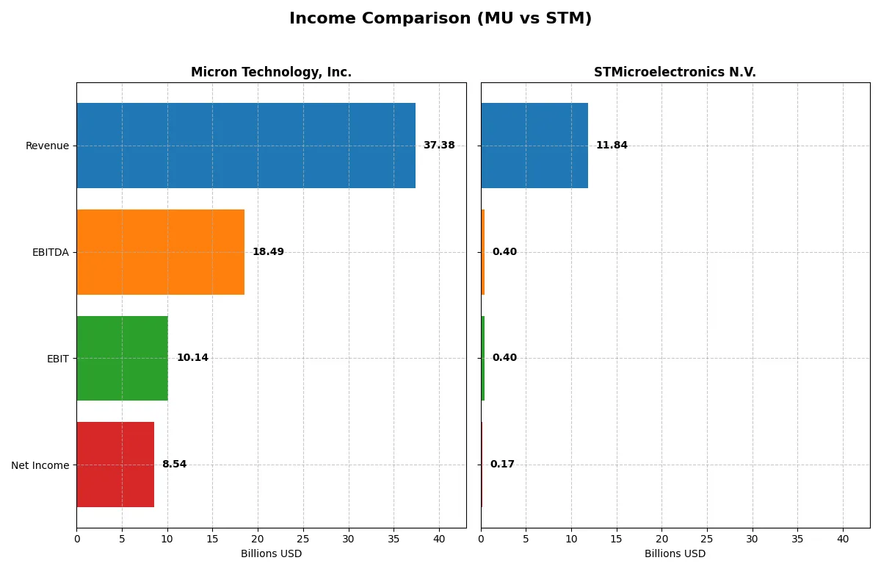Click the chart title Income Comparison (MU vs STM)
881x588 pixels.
click(440, 18)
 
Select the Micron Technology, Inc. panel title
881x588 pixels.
click(271, 72)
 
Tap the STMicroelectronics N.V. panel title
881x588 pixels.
click(675, 72)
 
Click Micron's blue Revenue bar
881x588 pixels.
click(246, 146)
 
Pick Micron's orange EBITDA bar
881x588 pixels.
click(160, 252)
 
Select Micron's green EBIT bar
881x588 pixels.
click(122, 358)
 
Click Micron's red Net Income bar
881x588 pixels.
click(115, 465)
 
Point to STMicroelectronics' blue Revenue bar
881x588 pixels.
click(534, 146)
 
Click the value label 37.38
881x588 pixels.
click(439, 146)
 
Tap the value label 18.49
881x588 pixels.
click(268, 252)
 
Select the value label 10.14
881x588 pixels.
click(192, 358)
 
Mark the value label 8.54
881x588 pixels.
click(174, 465)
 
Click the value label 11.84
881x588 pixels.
click(612, 146)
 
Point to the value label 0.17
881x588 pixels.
click(502, 465)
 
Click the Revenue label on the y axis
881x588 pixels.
click(47, 146)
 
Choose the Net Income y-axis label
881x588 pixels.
click(40, 465)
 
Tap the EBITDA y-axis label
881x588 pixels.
click(51, 252)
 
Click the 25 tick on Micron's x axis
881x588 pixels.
click(303, 539)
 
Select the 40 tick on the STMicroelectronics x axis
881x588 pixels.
click(843, 539)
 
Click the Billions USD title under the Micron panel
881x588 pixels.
click(271, 553)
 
